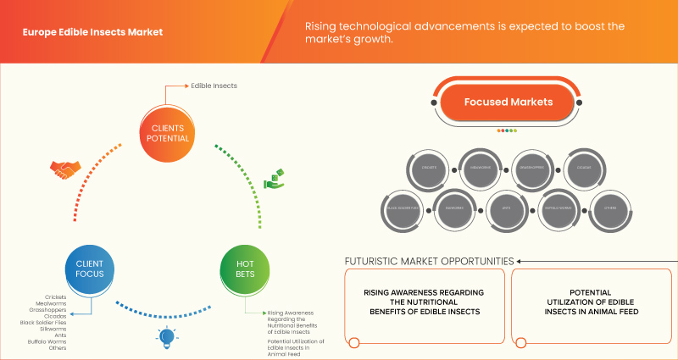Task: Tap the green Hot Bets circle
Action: coord(245,269)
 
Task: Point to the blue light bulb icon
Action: coord(164,338)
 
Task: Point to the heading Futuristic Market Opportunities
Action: coord(428,261)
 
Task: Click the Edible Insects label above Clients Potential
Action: coord(214,86)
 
